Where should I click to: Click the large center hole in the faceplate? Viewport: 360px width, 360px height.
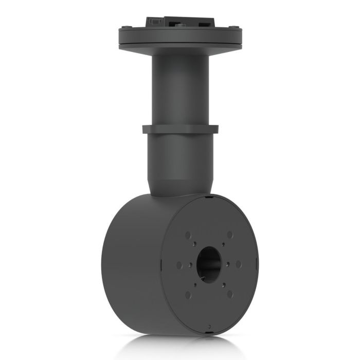[x=208, y=264]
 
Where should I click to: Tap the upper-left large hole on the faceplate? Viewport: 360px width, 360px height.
[x=187, y=235]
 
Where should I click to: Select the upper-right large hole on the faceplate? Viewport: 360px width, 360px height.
[x=230, y=235]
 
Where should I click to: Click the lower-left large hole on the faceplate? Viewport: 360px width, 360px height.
[x=187, y=295]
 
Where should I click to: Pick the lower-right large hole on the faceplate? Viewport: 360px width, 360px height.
[x=230, y=294]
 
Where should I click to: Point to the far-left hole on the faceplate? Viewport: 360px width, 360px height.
[x=178, y=265]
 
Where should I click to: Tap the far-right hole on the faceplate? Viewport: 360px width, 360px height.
[x=239, y=264]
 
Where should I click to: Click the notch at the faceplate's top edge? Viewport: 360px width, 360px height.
[x=207, y=196]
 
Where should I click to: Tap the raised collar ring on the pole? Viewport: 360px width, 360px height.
[x=180, y=129]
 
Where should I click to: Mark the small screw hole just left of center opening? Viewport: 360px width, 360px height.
[x=191, y=265]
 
